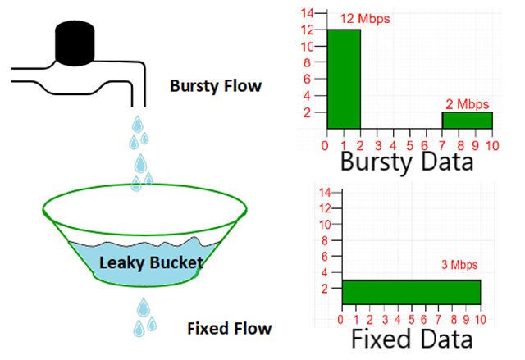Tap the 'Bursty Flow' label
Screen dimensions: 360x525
click(x=216, y=85)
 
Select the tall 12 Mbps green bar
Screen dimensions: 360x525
click(x=344, y=80)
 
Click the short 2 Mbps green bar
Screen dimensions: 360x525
click(x=468, y=121)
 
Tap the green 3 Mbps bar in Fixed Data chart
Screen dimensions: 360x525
click(x=410, y=292)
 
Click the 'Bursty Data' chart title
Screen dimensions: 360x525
click(x=407, y=161)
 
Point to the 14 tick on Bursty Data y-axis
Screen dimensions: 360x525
click(x=308, y=13)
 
